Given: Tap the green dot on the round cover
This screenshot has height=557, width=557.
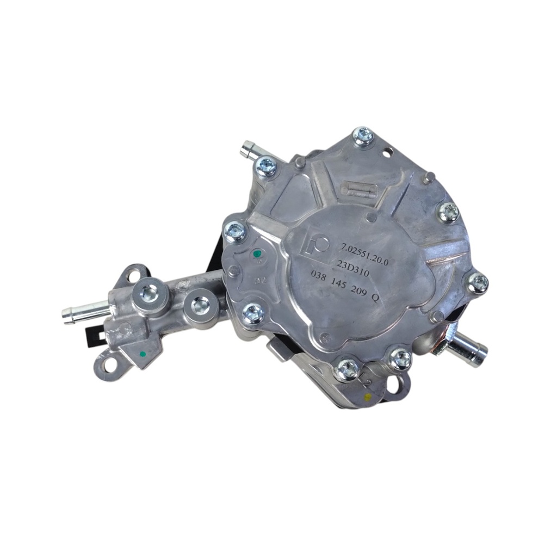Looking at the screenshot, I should coord(258,252).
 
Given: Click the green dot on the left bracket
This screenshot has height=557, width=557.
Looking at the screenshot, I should coord(142,354).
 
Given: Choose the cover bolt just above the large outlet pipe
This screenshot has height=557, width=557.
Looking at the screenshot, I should coord(477,282).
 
